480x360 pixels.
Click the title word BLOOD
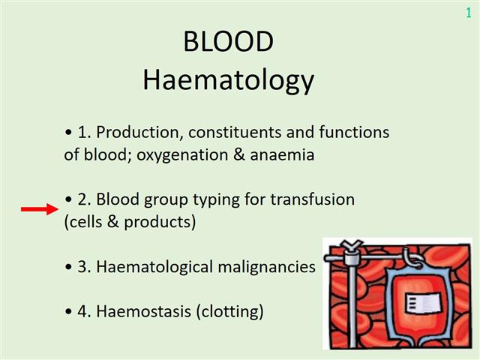point(228,43)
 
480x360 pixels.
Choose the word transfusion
point(313,199)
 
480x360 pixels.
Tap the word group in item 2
point(181,200)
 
